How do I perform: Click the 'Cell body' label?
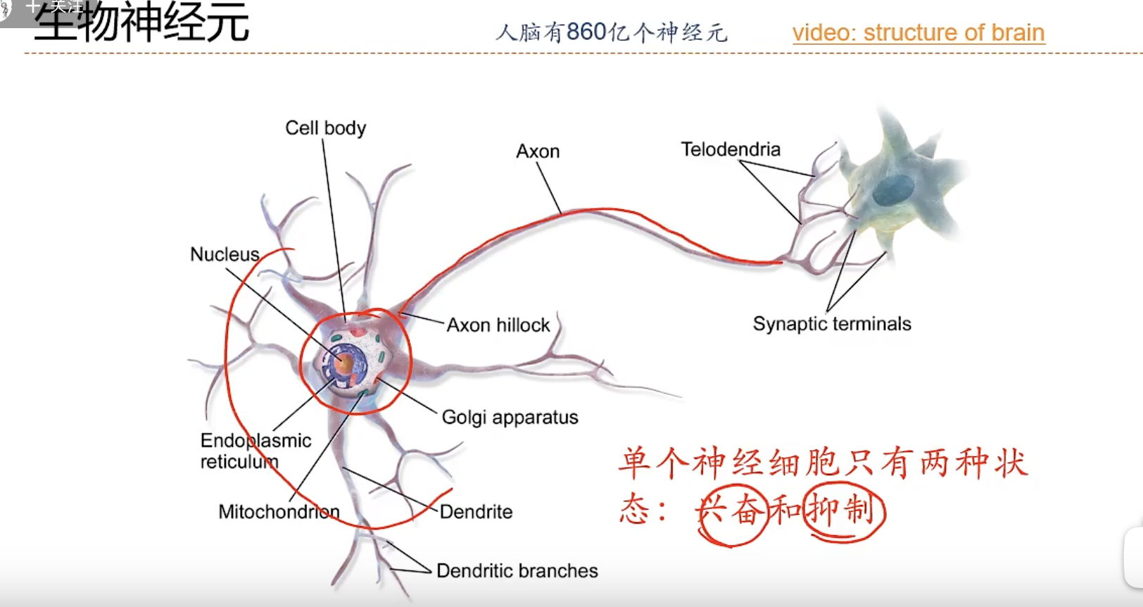coord(325,128)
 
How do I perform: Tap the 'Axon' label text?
coord(538,151)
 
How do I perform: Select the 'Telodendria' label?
coord(731,149)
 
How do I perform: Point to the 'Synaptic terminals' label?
coord(831,324)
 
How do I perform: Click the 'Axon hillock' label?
coord(498,325)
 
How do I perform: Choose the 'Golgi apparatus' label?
coord(510,418)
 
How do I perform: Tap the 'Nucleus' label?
coord(225,254)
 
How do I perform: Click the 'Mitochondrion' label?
coord(279,512)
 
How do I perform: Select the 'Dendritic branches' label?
coord(517,571)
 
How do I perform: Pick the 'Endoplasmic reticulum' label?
coord(255,451)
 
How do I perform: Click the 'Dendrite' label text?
coord(476,512)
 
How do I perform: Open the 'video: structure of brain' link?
coord(918,32)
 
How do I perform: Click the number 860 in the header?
coord(586,32)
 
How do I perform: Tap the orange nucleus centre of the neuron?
coord(343,363)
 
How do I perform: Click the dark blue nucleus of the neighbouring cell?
coord(893,188)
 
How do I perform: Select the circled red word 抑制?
coord(842,510)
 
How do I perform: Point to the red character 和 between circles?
coord(785,510)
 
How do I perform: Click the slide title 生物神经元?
coord(141,23)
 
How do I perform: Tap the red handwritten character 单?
coord(634,463)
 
